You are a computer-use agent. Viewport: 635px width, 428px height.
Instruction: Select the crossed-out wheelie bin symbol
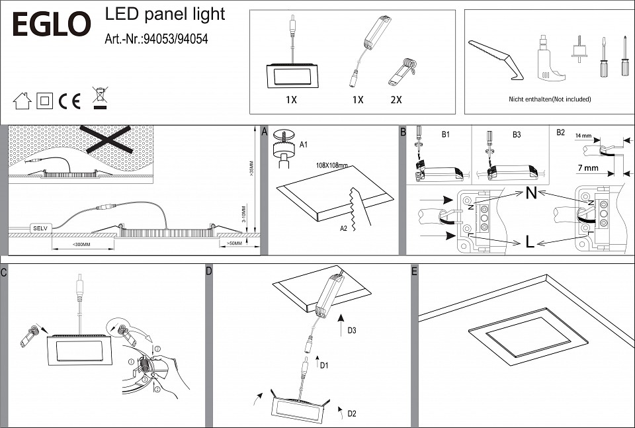(x=100, y=98)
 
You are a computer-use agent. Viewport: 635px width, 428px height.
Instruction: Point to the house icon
(x=22, y=101)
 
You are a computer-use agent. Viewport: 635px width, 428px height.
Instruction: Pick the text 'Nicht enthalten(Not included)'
(x=550, y=99)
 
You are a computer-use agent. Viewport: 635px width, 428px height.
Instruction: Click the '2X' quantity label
(x=396, y=100)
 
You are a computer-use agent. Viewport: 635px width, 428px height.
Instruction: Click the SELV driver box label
(x=40, y=228)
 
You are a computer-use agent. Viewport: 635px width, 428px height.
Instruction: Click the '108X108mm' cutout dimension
(x=332, y=165)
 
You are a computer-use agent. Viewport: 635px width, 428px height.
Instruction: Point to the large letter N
(x=530, y=194)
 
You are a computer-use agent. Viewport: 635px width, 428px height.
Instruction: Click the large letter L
(x=530, y=243)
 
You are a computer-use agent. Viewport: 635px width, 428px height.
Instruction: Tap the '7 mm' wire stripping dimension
(x=587, y=168)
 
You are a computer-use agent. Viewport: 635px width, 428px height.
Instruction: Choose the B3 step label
(x=517, y=134)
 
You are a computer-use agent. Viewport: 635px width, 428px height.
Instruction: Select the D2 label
(x=352, y=414)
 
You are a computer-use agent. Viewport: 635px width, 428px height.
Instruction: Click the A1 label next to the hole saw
(x=304, y=144)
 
